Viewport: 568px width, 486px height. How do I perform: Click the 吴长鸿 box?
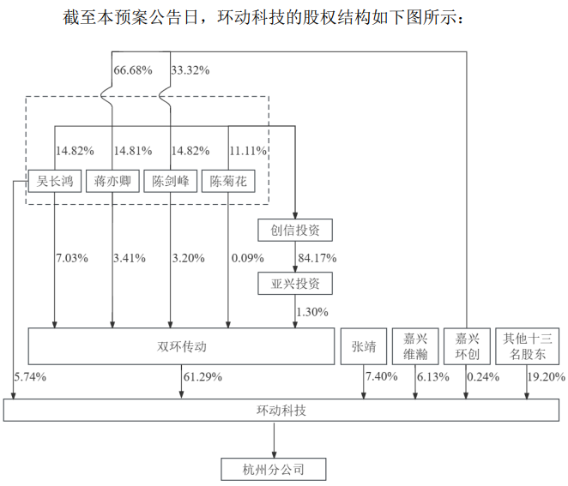coord(55,181)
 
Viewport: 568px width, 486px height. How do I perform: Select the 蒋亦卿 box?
coord(112,181)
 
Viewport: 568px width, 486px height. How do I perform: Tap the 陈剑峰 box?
coord(170,181)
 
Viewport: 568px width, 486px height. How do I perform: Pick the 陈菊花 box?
coord(228,181)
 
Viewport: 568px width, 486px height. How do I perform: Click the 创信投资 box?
coord(294,230)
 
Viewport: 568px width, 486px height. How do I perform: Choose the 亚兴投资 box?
coord(294,283)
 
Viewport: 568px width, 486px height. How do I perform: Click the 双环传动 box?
coord(181,347)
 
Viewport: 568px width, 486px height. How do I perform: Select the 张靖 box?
coord(364,347)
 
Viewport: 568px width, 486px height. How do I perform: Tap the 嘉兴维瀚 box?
coord(415,347)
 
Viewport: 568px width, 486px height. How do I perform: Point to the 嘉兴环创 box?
coord(467,347)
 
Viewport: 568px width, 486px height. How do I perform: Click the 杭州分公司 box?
coord(274,469)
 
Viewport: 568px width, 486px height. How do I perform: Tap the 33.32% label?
coord(191,69)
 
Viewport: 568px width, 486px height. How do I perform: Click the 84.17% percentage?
coord(317,257)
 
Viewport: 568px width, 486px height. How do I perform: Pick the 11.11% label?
coord(248,151)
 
